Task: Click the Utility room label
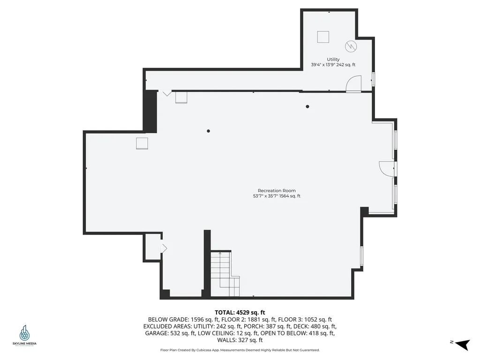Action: [333, 60]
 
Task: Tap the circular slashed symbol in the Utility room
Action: [351, 46]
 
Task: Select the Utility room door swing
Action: [351, 84]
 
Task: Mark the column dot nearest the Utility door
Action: [307, 106]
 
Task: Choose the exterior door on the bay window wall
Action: [386, 168]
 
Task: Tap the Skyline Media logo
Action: [24, 336]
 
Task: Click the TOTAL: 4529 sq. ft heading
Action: [240, 312]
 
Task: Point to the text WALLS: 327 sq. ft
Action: [240, 340]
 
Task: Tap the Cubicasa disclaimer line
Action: [240, 350]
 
